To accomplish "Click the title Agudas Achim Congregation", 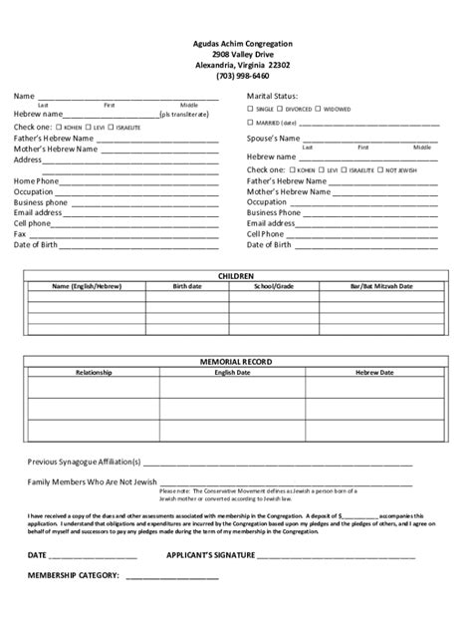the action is [x=236, y=44].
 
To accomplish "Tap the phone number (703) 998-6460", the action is [x=236, y=76].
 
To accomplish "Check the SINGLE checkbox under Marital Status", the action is [x=251, y=108].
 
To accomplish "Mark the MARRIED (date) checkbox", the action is [x=251, y=122].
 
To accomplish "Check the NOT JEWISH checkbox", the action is [x=378, y=170].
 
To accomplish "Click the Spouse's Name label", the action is [x=273, y=138].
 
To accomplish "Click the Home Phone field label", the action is [x=36, y=180].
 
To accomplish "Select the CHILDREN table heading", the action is [x=236, y=274].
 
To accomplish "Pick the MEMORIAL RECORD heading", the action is [x=236, y=361].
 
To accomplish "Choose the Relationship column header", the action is [x=94, y=371].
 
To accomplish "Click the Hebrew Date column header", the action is [x=375, y=371].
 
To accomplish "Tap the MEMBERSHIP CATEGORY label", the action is [x=75, y=575].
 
